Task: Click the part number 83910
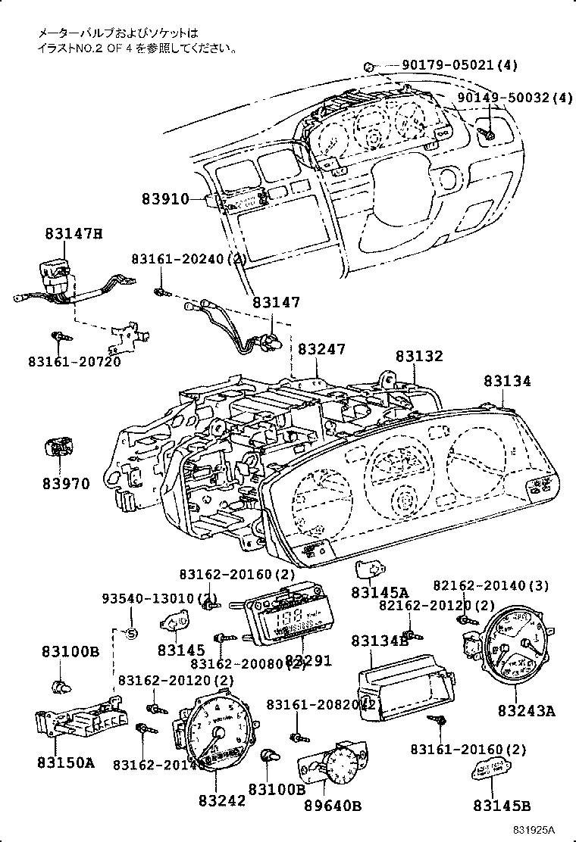(x=164, y=199)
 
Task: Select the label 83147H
(x=73, y=234)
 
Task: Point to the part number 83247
(x=321, y=349)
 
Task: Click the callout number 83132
(x=419, y=356)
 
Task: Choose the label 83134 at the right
(x=508, y=382)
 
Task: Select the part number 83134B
(x=379, y=641)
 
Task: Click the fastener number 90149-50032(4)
(x=515, y=98)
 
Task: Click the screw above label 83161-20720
(x=58, y=335)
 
